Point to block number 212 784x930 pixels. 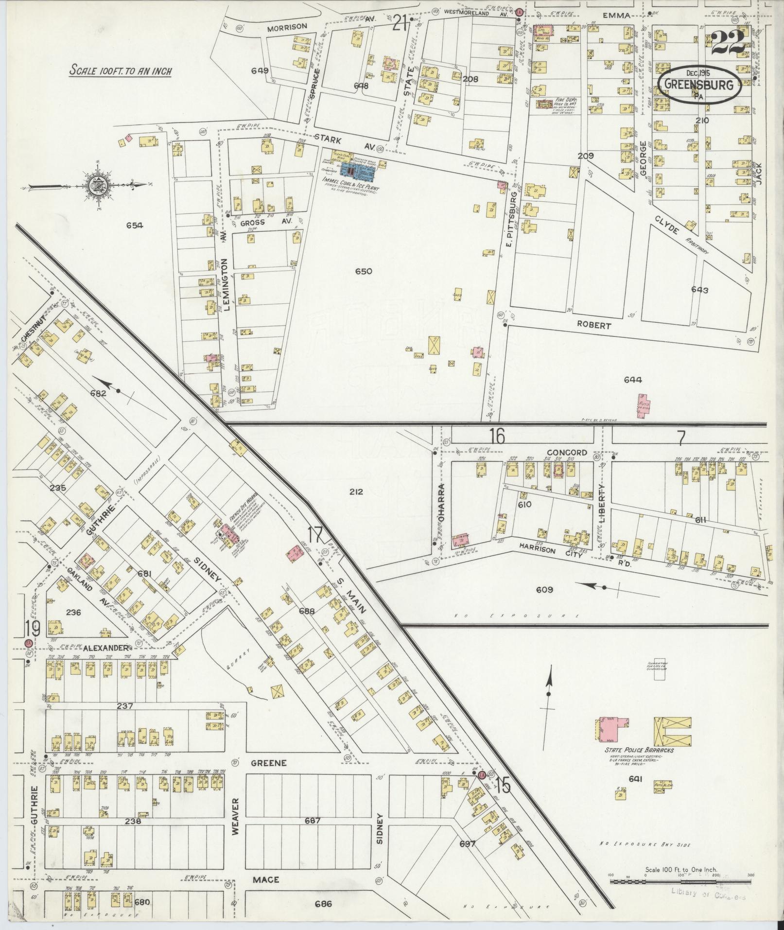tap(356, 491)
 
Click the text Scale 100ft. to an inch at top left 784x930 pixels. tap(120, 70)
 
